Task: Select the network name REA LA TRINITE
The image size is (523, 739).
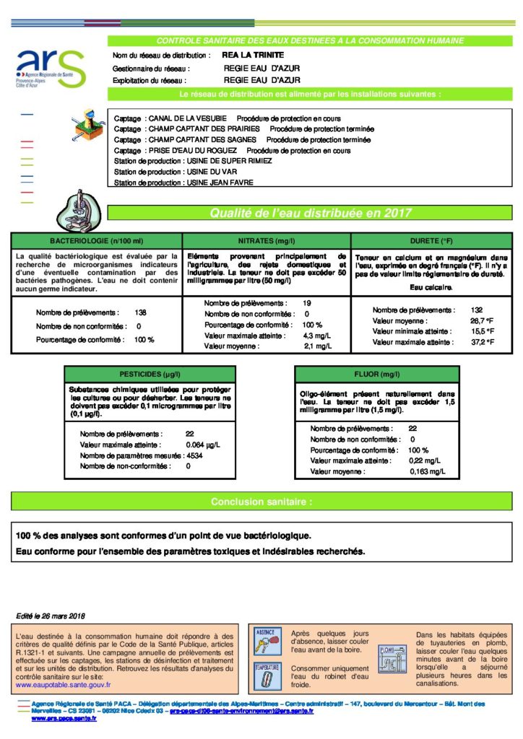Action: [x=254, y=55]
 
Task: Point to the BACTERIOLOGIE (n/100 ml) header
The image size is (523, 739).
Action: [x=97, y=240]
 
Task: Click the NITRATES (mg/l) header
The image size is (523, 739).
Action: [x=267, y=240]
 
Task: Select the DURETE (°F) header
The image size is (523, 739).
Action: [x=431, y=240]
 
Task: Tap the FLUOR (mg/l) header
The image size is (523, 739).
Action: [x=376, y=375]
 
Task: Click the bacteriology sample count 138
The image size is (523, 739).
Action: [x=141, y=313]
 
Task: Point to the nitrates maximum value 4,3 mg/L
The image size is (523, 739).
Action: [x=317, y=336]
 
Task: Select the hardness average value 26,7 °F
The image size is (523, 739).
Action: [x=481, y=320]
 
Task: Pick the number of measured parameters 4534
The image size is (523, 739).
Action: [x=194, y=455]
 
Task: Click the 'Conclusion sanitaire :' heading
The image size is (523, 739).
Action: [x=261, y=502]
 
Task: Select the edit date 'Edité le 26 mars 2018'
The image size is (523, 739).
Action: [x=51, y=616]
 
